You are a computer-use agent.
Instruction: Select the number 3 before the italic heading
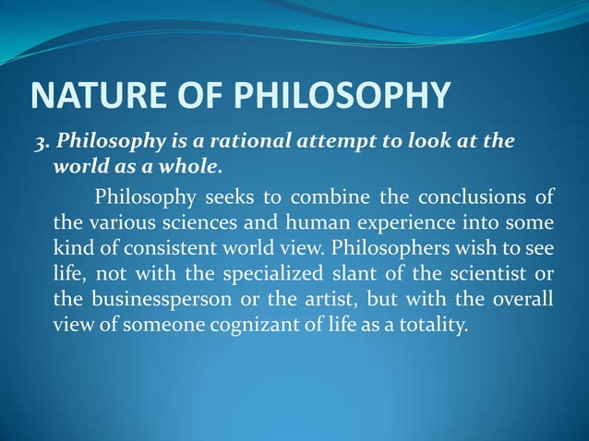39,142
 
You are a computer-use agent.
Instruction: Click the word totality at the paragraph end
433,326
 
